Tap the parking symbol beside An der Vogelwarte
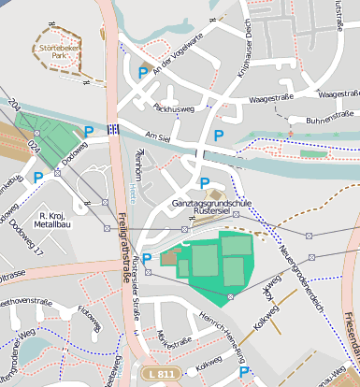(x=143, y=72)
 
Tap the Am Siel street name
(x=157, y=136)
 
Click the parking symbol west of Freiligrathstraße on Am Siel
(x=89, y=133)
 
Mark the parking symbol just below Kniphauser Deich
(x=218, y=136)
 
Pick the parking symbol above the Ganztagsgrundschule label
(x=204, y=183)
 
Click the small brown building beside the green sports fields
(x=170, y=257)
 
